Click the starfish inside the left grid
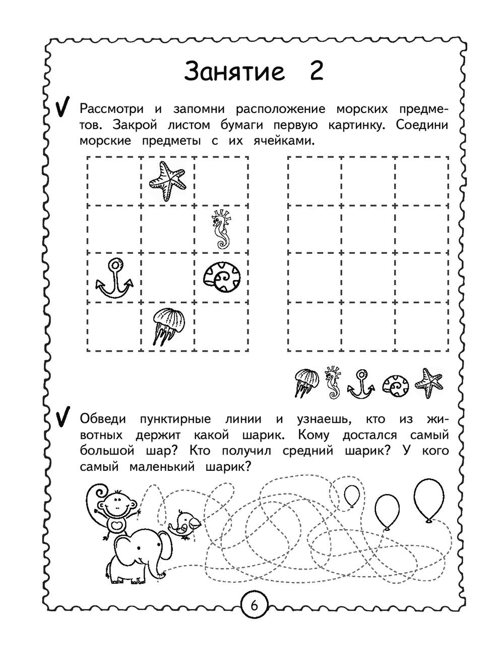click(167, 181)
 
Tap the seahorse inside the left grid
click(220, 230)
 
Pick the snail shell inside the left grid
click(221, 277)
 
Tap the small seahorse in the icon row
click(332, 382)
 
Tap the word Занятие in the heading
click(235, 71)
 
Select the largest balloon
click(429, 499)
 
